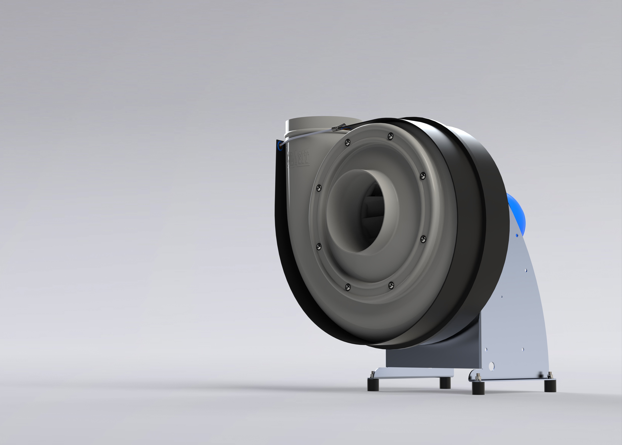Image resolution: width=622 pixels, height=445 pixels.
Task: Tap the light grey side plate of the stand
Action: (x=516, y=315)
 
